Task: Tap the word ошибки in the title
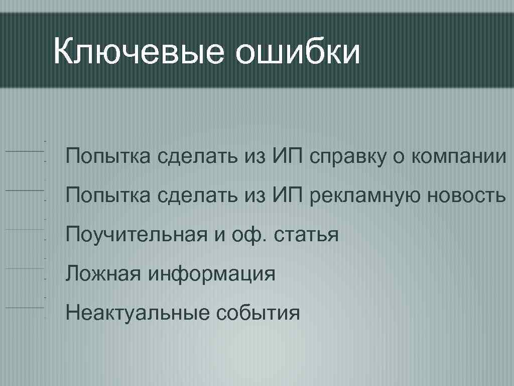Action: (x=298, y=52)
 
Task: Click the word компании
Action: (x=459, y=156)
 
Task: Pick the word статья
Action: (x=307, y=235)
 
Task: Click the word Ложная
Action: (x=102, y=274)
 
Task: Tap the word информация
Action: (x=211, y=274)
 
